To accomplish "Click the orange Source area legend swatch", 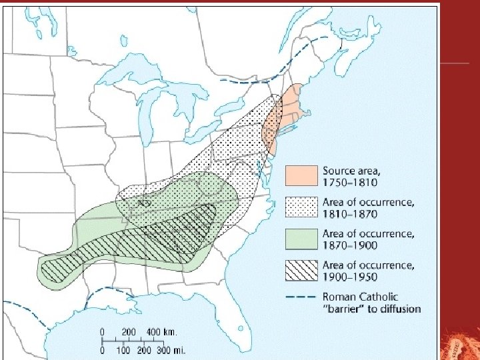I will [x=301, y=175].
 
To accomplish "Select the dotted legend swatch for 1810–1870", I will [x=301, y=207].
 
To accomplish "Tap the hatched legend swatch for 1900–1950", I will [x=301, y=270].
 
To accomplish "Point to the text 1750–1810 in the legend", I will [x=349, y=182].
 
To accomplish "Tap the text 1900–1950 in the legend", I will [x=349, y=277].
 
